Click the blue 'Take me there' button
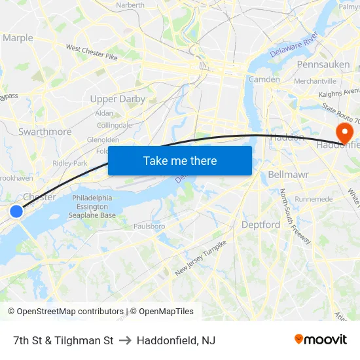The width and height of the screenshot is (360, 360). (180, 160)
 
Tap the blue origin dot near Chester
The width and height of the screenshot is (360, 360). (16, 211)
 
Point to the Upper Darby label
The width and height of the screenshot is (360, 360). (117, 99)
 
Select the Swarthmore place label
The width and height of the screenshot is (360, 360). (45, 132)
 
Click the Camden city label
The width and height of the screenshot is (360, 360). (264, 79)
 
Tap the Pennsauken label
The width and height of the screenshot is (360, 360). (323, 65)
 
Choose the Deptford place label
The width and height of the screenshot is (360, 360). (261, 225)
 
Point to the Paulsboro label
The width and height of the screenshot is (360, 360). (149, 226)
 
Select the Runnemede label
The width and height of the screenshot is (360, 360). (314, 199)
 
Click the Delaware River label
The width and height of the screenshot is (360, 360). (295, 45)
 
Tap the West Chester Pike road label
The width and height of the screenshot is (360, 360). (92, 53)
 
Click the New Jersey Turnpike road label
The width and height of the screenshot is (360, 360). (200, 258)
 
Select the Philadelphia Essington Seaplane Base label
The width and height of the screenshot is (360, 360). (94, 206)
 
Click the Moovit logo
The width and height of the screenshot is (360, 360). (320, 339)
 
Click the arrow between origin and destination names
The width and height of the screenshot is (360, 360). (125, 340)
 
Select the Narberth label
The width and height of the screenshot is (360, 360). (130, 5)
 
